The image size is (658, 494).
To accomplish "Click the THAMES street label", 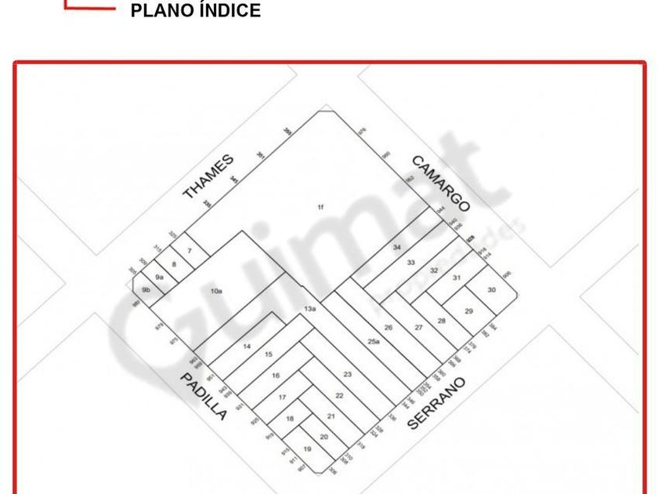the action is pyautogui.click(x=208, y=176).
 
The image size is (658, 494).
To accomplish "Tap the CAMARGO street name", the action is pyautogui.click(x=440, y=183).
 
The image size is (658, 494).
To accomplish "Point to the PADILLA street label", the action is pyautogui.click(x=204, y=396).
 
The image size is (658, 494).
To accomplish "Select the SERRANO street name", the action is pyautogui.click(x=436, y=403).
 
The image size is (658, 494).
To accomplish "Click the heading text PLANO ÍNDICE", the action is pyautogui.click(x=196, y=11).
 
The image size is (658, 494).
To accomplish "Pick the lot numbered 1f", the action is pyautogui.click(x=320, y=207).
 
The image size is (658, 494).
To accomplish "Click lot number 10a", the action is pyautogui.click(x=217, y=291).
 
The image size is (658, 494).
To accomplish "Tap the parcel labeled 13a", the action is pyautogui.click(x=309, y=309).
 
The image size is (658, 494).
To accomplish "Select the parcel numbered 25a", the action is pyautogui.click(x=374, y=340).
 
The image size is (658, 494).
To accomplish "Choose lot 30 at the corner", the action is pyautogui.click(x=491, y=289).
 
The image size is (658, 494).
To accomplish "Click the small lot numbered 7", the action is pyautogui.click(x=189, y=251).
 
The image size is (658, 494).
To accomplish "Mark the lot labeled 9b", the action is pyautogui.click(x=146, y=289).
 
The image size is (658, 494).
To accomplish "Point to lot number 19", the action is pyautogui.click(x=308, y=449).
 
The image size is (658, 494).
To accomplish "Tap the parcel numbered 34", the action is pyautogui.click(x=397, y=247).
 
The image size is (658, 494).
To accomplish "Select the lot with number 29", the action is pyautogui.click(x=468, y=311).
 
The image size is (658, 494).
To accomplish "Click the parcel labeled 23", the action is pyautogui.click(x=347, y=374).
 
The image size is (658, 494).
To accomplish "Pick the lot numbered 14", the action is pyautogui.click(x=247, y=346).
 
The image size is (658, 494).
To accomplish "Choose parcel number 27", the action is pyautogui.click(x=418, y=327).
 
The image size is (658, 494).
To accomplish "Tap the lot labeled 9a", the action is pyautogui.click(x=159, y=277).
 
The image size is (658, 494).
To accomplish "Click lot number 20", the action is pyautogui.click(x=324, y=437).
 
